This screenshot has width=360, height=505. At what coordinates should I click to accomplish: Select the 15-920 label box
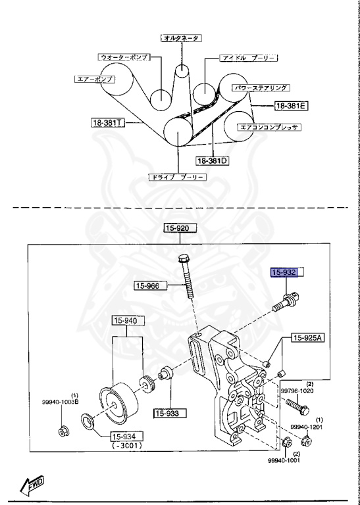pos(181,228)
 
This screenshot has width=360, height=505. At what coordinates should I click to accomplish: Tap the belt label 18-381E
pos(292,105)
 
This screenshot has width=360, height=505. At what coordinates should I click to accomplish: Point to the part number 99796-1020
pos(298,391)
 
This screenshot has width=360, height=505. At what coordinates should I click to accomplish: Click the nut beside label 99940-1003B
pos(64,431)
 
